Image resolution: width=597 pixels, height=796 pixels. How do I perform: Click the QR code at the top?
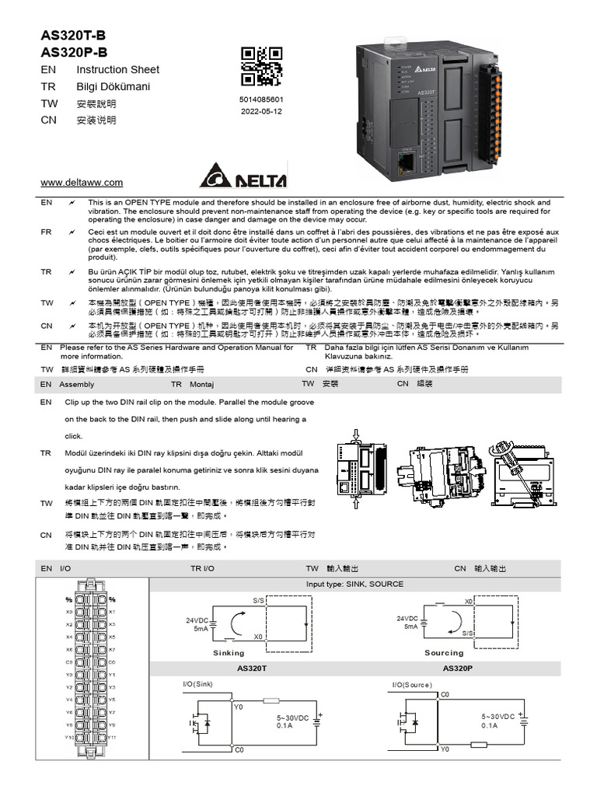(x=261, y=67)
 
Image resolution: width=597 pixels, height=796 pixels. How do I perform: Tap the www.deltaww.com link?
(x=82, y=183)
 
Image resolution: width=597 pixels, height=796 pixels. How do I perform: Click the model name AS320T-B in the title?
(x=73, y=36)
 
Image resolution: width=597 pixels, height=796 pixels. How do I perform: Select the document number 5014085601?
(x=261, y=100)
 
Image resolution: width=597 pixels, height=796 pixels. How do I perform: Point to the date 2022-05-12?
(x=261, y=111)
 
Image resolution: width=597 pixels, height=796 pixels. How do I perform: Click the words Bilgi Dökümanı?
(x=113, y=86)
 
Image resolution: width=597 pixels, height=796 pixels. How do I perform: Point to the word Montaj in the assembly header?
(x=201, y=384)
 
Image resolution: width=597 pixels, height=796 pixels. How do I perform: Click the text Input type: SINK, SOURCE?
(x=354, y=584)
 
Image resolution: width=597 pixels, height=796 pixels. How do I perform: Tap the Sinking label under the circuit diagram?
(x=229, y=653)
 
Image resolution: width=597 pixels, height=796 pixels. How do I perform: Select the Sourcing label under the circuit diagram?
(x=444, y=653)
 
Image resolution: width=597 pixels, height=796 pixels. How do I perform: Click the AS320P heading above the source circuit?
(x=459, y=668)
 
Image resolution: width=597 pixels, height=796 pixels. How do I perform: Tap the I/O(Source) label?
(x=412, y=684)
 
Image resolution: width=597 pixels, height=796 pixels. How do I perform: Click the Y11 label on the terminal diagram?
(x=112, y=737)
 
